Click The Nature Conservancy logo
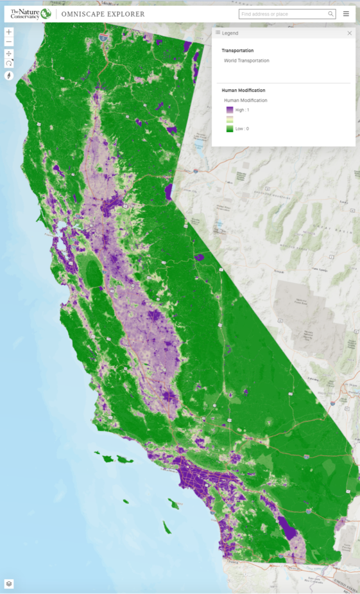(30, 13)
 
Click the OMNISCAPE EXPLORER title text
(103, 14)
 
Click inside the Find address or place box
(282, 13)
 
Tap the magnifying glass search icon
(330, 13)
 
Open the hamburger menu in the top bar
(347, 13)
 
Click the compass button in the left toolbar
(9, 75)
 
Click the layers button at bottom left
(9, 584)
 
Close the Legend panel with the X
(350, 33)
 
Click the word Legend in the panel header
(230, 33)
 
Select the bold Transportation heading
(237, 50)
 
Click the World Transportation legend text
(246, 60)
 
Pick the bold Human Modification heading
(243, 91)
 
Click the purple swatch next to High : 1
(230, 110)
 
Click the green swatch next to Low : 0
(230, 128)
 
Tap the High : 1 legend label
(243, 110)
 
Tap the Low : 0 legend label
(242, 128)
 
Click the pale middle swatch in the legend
(230, 119)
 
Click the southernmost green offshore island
(167, 528)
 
